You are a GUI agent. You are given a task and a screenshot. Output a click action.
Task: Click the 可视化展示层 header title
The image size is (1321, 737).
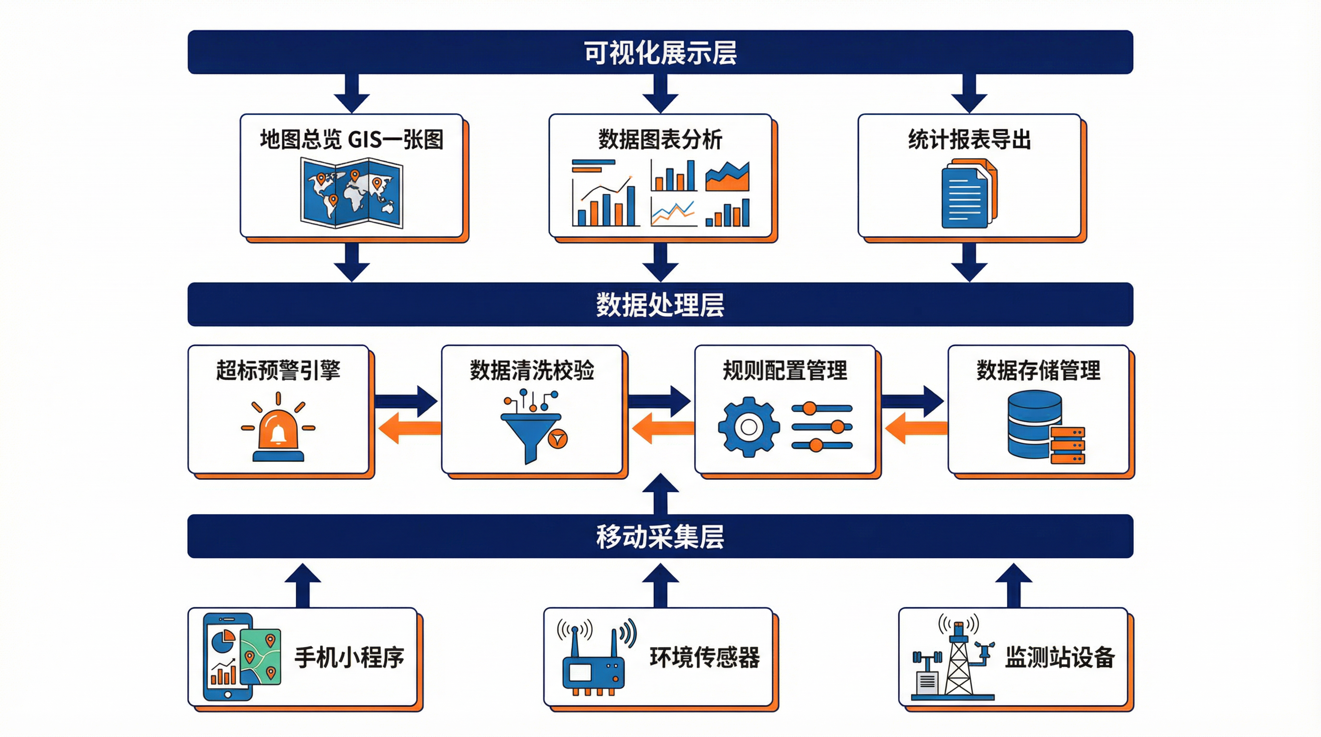(660, 52)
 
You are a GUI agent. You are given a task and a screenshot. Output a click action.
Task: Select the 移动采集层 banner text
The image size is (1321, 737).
(660, 536)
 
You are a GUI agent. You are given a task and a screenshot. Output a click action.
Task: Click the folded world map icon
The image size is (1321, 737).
(351, 193)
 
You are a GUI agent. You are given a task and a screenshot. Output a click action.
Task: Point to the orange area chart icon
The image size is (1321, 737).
(727, 177)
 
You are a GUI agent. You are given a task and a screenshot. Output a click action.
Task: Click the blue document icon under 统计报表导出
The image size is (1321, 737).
(967, 195)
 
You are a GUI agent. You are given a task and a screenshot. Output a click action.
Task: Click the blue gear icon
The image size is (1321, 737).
(748, 427)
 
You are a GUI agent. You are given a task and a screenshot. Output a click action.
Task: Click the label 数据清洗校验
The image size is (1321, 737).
(532, 370)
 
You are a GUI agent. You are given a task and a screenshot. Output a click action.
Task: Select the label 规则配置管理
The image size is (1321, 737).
(785, 370)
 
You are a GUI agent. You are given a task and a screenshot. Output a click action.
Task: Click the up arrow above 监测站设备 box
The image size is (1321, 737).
(1013, 584)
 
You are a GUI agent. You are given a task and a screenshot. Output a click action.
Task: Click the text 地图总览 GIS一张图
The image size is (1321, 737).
(351, 140)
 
